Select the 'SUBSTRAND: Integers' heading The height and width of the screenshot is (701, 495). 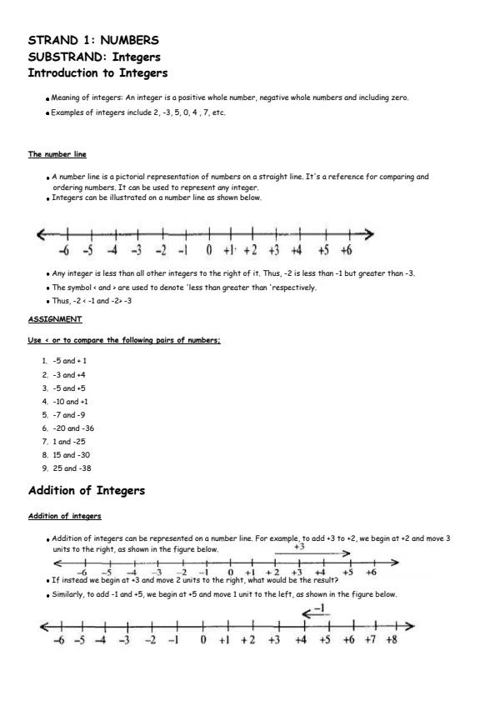coord(94,57)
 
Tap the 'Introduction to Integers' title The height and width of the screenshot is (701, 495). coord(103,73)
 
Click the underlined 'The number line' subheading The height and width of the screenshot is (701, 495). coord(57,154)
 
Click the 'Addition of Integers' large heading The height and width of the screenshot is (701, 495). coord(87,490)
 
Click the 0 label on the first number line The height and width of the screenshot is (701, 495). coord(210,249)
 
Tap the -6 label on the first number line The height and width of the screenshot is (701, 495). coord(64,249)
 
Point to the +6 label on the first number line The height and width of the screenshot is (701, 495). coord(346,249)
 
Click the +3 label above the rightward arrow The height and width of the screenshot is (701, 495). coord(299,547)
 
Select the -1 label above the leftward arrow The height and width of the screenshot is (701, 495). coord(317,608)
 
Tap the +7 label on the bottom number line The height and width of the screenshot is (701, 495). coord(370,640)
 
